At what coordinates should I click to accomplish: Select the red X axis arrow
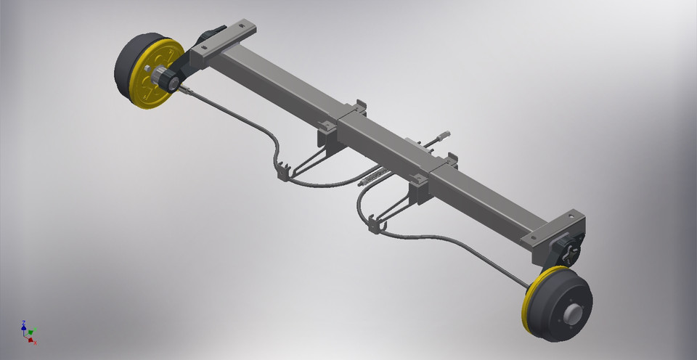click(x=33, y=340)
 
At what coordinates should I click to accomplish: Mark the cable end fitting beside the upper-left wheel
click(x=186, y=91)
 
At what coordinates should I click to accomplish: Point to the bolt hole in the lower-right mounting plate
click(x=573, y=217)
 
